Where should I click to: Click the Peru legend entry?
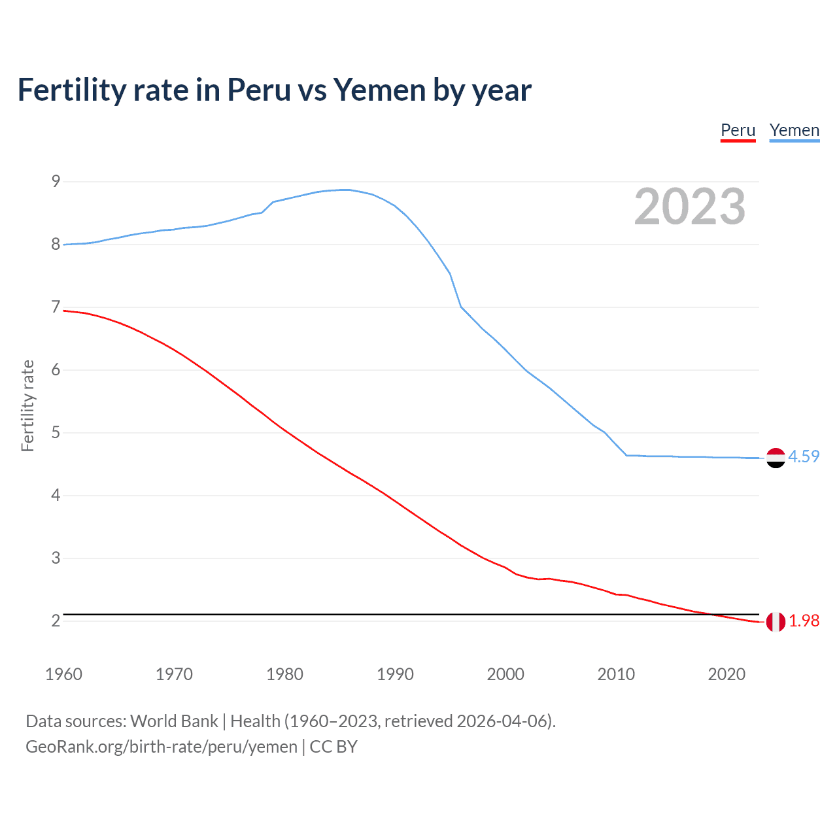(x=738, y=131)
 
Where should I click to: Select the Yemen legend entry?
(x=794, y=131)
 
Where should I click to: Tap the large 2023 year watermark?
(x=690, y=207)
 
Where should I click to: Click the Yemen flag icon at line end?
(x=776, y=458)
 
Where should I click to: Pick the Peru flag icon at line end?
(x=776, y=622)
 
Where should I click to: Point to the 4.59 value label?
(x=804, y=456)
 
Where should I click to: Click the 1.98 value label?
(x=804, y=621)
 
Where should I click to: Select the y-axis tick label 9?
(x=56, y=181)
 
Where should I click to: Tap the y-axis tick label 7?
(x=56, y=307)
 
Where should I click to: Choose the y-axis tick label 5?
(x=56, y=432)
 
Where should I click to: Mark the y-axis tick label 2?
(x=56, y=621)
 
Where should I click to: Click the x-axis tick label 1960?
(x=63, y=674)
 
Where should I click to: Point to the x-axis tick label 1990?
(x=395, y=674)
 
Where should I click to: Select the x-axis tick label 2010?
(x=616, y=674)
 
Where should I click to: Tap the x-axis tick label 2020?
(x=726, y=674)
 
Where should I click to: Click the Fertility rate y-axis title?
(x=27, y=405)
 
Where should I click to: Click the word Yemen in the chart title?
(x=379, y=90)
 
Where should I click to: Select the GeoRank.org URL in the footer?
(x=162, y=747)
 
